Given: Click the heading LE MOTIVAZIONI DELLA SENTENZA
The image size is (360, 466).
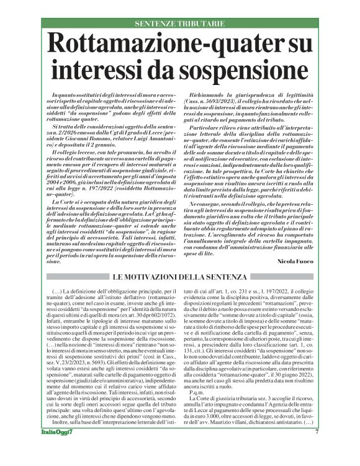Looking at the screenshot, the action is (180, 277).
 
